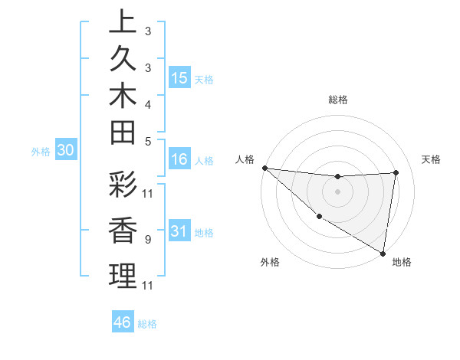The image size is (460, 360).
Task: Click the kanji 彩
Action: [x=123, y=186]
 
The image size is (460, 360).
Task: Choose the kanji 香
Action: [x=123, y=232]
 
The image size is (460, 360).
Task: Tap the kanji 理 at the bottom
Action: [x=123, y=277]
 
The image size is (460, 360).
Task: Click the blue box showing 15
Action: [x=179, y=78]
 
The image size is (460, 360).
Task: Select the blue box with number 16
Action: [x=179, y=159]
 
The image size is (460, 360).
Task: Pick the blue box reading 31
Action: [x=179, y=231]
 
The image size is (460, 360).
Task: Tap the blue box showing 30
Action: [x=66, y=151]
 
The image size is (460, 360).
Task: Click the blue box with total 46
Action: [x=123, y=322]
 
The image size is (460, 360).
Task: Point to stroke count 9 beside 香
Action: [x=147, y=240]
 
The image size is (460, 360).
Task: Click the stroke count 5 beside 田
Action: [x=147, y=141]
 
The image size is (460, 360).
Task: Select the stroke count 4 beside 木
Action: [x=147, y=103]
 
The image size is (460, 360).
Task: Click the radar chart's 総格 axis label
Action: [x=338, y=100]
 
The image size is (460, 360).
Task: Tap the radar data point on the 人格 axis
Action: [x=264, y=168]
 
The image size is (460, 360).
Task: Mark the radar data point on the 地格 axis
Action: [x=383, y=253]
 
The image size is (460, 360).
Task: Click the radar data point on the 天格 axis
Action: [x=396, y=172]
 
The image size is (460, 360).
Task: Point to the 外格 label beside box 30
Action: [x=41, y=152]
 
